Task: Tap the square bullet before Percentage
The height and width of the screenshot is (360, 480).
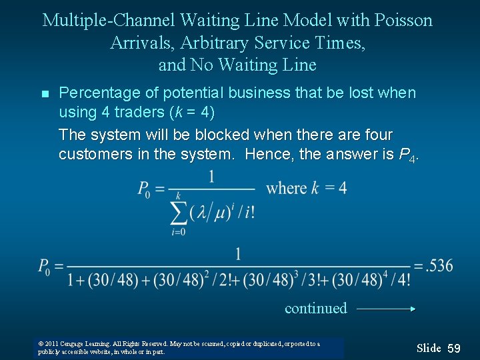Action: (x=45, y=94)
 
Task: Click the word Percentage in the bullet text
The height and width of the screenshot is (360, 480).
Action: (x=101, y=93)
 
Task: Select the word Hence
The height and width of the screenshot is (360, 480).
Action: (x=265, y=154)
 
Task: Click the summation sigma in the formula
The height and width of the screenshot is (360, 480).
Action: (x=179, y=212)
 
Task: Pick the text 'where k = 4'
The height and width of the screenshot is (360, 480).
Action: (x=306, y=188)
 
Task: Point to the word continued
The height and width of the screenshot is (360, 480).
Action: (x=315, y=308)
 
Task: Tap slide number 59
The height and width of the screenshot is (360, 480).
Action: (x=454, y=348)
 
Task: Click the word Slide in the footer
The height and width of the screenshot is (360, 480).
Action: (x=429, y=348)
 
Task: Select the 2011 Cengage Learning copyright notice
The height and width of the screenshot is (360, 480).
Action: (x=179, y=347)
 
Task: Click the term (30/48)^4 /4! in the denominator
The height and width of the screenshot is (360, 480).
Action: (x=371, y=279)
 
